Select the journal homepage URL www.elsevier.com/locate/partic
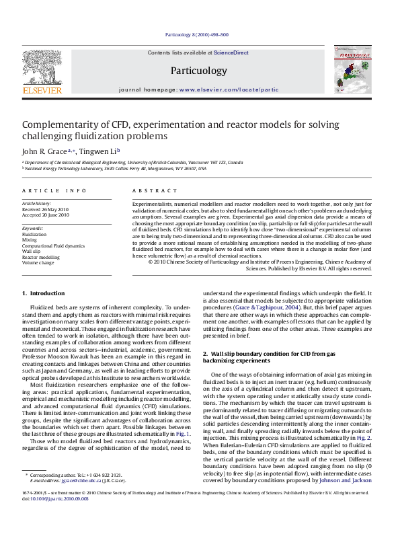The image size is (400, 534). (229, 89)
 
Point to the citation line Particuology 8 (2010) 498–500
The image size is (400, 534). (196, 34)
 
